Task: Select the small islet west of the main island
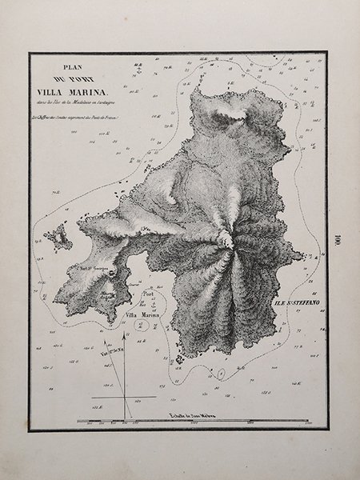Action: coord(57,236)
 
